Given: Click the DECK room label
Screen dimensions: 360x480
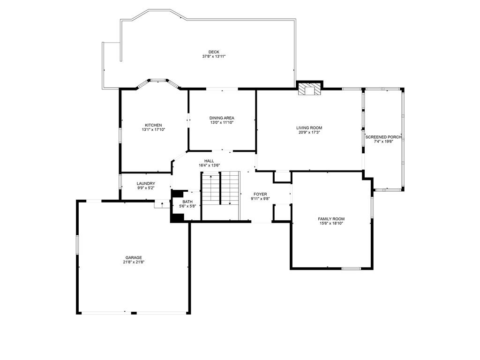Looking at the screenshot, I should tap(214, 52).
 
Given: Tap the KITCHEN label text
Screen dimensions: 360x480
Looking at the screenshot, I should tap(153, 125).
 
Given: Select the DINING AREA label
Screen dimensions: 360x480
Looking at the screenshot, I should tap(222, 118).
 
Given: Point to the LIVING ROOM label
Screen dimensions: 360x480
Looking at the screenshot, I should tap(309, 127).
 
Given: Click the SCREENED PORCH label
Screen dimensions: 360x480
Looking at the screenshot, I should tap(383, 137).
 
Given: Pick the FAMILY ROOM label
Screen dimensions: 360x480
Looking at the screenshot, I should tap(331, 219).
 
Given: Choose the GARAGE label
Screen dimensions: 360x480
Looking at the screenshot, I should tap(134, 257).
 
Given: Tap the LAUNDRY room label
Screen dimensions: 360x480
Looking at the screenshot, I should tap(146, 183).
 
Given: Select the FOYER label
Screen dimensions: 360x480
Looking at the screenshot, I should tap(260, 194).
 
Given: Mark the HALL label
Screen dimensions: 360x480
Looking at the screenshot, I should tap(209, 161).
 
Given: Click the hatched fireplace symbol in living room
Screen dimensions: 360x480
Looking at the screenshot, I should tap(309, 89).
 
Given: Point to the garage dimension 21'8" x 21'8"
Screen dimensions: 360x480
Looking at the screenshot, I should tap(134, 262).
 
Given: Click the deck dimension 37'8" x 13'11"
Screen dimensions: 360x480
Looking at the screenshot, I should tap(214, 57).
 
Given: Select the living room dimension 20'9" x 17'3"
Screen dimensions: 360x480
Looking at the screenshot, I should tap(309, 132).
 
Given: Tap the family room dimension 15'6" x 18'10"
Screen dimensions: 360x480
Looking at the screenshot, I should tap(331, 224).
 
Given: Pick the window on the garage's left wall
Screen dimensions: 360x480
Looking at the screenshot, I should tap(77, 246).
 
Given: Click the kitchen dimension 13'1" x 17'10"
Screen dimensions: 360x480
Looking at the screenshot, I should tap(153, 130).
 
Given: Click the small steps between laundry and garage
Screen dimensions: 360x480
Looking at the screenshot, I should tap(162, 204).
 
